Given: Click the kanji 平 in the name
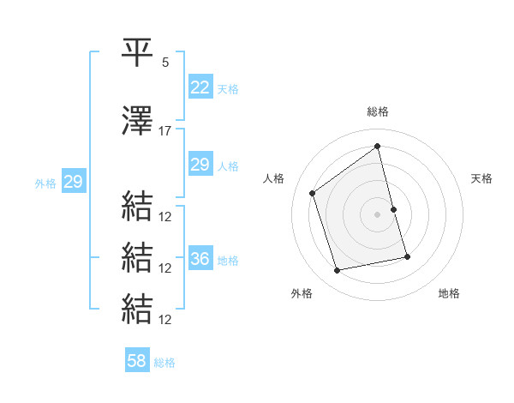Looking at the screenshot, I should pos(138,53).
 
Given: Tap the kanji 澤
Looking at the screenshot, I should pos(138,121).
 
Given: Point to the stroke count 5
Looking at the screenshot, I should pos(165,63).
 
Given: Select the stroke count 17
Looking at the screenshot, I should pos(165,131).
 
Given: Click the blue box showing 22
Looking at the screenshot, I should pos(200,87).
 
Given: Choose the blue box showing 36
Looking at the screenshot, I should pos(200,259).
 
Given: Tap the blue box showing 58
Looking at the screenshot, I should pos(137,361).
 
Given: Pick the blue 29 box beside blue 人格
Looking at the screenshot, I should pos(200,165).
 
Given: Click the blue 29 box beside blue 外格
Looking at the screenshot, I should pos(73,182).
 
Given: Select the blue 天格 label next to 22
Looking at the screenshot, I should pos(228,89).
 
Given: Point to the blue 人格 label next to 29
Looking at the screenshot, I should pos(228,166).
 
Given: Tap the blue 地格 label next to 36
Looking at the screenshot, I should pos(228,261).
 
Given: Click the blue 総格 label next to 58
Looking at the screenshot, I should pos(164,363).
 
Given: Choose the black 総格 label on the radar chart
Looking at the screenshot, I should pos(378,111).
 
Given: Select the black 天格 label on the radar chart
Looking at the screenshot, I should pos(482,178).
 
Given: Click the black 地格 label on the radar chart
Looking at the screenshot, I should pos(449,293).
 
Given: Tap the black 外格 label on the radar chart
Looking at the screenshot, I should pos(302,293).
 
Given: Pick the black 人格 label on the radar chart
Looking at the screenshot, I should pos(274,178).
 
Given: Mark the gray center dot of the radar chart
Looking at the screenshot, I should pos(378,214).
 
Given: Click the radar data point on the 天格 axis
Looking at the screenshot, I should pos(393,209).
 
